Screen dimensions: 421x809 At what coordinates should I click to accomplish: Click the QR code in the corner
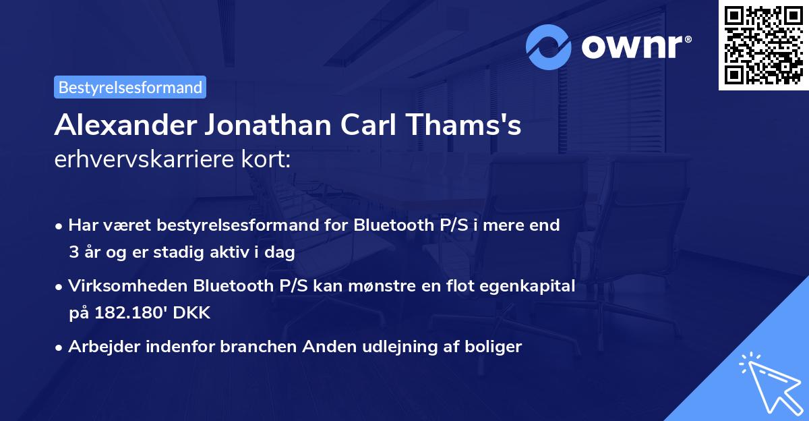point(764,45)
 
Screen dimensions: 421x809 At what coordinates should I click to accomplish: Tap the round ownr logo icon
point(549,47)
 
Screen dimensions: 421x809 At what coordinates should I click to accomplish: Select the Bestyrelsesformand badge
point(130,87)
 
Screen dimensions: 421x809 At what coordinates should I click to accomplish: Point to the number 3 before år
point(73,253)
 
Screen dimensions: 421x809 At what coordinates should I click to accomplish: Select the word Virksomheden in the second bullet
point(127,286)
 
